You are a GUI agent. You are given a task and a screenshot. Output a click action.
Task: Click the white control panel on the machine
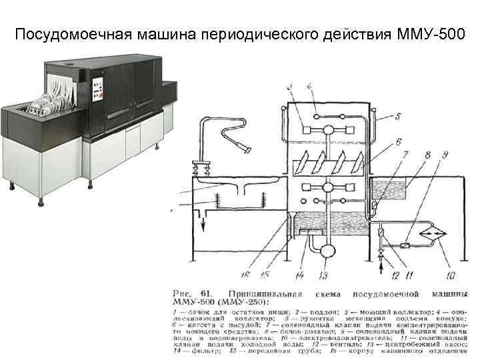97,86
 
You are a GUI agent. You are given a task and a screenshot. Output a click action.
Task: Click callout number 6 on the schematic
397,142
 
